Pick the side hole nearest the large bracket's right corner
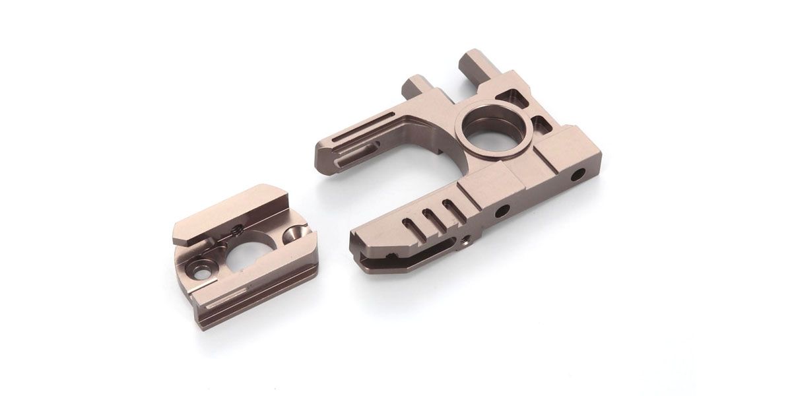click(579, 174)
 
